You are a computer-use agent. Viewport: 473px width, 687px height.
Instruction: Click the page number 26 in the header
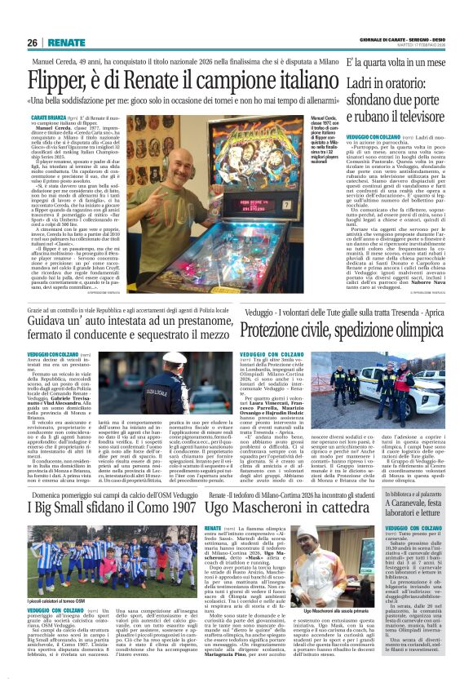pyautogui.click(x=32, y=42)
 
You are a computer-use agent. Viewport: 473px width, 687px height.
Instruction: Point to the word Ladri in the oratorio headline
pyautogui.click(x=362, y=78)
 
